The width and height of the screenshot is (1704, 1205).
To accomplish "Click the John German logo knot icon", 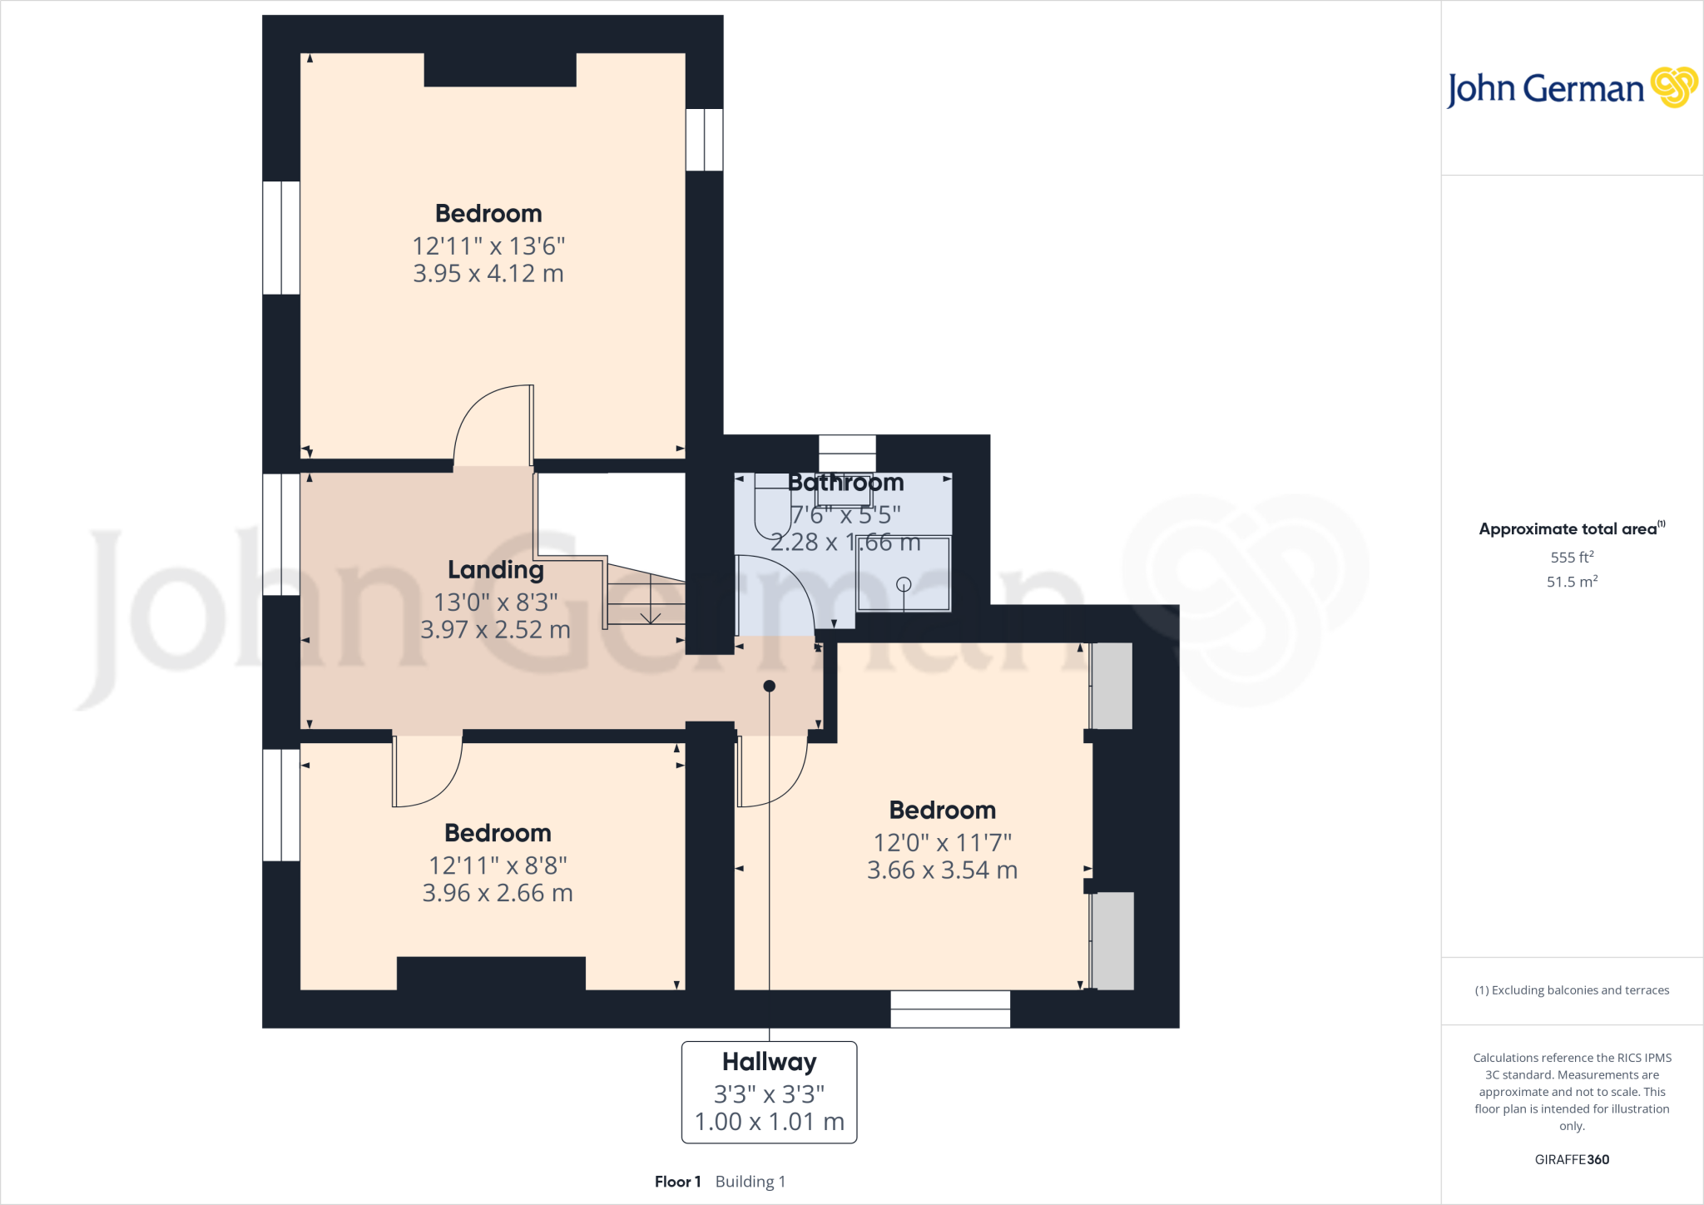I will point(1673,87).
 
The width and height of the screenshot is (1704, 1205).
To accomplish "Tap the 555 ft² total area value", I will point(1572,557).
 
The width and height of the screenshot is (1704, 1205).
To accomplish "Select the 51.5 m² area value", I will point(1572,582).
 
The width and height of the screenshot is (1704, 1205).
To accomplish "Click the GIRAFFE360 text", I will point(1572,1159).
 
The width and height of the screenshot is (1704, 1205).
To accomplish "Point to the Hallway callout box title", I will point(769,1062).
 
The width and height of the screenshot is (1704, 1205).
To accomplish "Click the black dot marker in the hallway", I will point(770,687).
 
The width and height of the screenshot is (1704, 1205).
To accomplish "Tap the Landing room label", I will point(496,570).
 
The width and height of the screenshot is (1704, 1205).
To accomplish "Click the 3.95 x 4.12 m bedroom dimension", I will point(488,274).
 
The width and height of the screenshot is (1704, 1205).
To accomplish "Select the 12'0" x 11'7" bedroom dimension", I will point(942,843).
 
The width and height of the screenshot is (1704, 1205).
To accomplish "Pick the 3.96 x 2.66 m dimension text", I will point(498,893).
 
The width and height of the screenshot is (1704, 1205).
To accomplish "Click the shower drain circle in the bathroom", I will point(904,584).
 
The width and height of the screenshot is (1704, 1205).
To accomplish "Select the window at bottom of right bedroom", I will point(950,1009).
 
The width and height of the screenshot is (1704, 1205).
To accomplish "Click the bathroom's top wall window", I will point(847,454).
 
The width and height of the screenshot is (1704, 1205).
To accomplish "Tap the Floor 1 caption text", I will point(677,1182).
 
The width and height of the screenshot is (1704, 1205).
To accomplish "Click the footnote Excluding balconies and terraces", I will point(1572,990).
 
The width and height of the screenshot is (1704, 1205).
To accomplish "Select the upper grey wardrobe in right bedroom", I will point(1112,686).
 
